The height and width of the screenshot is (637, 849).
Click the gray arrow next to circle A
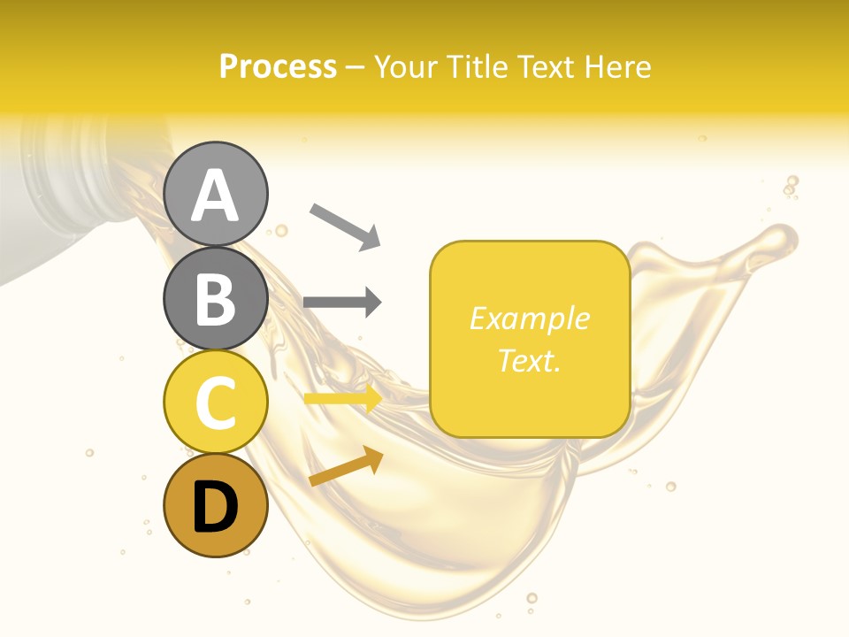[345, 226]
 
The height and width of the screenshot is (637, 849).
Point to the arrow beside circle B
[342, 303]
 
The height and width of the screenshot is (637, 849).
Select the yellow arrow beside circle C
[343, 399]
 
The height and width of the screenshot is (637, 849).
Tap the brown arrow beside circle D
[346, 466]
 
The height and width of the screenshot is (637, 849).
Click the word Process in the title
[278, 67]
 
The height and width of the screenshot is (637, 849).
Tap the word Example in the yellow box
[529, 318]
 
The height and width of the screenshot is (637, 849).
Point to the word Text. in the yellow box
[529, 360]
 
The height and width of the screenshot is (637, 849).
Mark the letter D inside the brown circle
[216, 507]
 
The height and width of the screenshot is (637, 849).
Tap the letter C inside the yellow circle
[216, 403]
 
